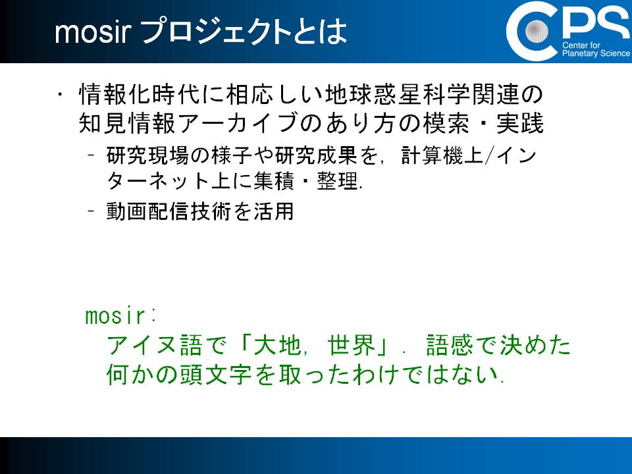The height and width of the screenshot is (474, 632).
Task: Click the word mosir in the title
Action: tap(93, 32)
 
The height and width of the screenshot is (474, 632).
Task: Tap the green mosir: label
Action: tap(120, 316)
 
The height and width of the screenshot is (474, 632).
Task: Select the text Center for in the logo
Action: tap(581, 45)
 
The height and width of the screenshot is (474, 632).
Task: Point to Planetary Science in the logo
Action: tap(596, 53)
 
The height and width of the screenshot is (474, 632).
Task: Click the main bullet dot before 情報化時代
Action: tap(60, 94)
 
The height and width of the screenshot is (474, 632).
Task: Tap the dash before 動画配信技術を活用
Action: tap(92, 211)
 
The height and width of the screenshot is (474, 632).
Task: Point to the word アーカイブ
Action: tap(240, 123)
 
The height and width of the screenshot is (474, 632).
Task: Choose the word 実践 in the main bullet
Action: tap(520, 123)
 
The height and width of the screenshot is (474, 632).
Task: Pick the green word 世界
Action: tap(352, 346)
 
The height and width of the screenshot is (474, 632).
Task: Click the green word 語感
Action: tap(450, 346)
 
